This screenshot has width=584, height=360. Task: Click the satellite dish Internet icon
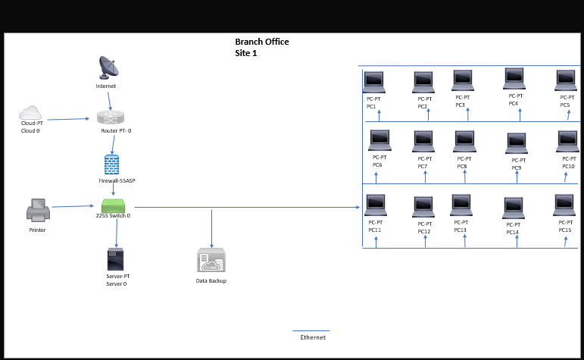click(108, 67)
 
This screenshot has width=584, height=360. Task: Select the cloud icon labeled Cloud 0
click(30, 113)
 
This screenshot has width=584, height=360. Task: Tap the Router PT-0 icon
click(111, 117)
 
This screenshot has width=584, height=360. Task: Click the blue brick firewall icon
click(112, 164)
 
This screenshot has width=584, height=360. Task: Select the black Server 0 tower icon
click(115, 260)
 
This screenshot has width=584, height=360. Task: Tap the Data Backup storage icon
click(211, 260)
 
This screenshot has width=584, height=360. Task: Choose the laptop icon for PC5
click(567, 80)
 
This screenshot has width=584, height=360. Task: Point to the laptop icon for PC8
click(464, 141)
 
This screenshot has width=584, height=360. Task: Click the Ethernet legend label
click(313, 337)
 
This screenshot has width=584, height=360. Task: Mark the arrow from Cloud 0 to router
click(68, 119)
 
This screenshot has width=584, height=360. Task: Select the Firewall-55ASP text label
click(117, 181)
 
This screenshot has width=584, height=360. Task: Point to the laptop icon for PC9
click(517, 142)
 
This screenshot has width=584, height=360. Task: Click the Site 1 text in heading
click(246, 54)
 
